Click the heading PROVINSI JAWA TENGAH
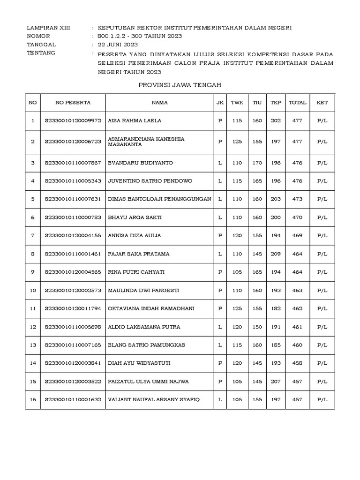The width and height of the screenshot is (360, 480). coord(180,85)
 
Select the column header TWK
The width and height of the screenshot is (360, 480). coord(237,102)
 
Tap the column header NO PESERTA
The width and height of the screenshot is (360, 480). coord(73,102)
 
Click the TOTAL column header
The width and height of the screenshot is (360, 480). coord(297,102)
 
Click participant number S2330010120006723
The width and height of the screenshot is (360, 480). coord(73,142)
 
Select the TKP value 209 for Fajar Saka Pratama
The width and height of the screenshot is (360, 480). coord(276,254)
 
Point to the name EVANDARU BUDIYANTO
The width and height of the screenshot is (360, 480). coord(140,163)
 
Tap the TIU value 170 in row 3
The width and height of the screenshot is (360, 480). coord(257,163)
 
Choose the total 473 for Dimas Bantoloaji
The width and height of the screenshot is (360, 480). coord(297,199)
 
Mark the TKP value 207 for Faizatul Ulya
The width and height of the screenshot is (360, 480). coord(276,382)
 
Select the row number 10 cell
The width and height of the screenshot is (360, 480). coord(33,291)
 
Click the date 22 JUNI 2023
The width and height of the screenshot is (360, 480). coord(118,45)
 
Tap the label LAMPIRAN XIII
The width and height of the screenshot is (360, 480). coord(49,28)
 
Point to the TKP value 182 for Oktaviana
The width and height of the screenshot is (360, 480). coord(276,308)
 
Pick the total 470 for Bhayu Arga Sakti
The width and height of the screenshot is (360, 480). coord(297,217)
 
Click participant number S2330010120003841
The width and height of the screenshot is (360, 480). coord(73,363)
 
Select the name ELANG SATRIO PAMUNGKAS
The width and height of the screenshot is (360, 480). coord(146,345)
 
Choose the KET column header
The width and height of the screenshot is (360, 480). coord(322,102)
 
